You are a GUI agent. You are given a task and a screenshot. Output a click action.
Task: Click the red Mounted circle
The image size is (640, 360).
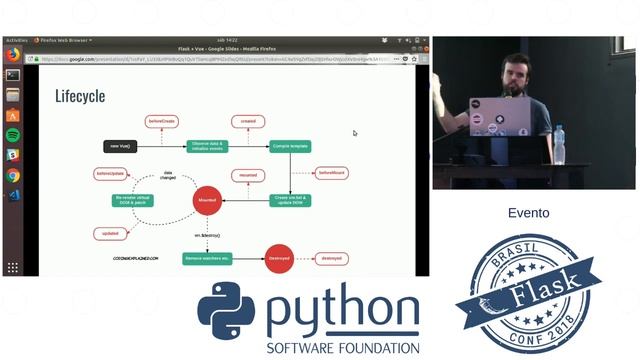[x=206, y=200]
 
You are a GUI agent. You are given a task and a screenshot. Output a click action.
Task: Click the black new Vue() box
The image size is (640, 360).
[x=119, y=146]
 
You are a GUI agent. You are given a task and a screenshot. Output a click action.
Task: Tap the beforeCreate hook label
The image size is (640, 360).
[x=161, y=121]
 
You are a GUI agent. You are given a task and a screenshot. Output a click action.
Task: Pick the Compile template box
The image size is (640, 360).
[x=289, y=146]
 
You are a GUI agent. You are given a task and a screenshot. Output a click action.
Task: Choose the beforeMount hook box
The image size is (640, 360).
[x=331, y=173]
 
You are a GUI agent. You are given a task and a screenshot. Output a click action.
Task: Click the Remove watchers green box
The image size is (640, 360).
[x=207, y=257]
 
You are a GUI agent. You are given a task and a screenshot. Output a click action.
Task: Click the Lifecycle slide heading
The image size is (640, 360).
[x=80, y=97]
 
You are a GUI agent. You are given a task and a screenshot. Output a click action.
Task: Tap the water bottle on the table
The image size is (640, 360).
[x=559, y=144]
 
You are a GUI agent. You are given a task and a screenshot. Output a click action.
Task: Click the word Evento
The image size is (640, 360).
[x=528, y=213]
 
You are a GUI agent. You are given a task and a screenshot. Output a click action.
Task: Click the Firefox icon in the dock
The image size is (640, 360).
[x=12, y=54]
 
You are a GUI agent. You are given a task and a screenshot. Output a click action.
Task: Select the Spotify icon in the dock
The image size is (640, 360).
[x=12, y=135]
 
